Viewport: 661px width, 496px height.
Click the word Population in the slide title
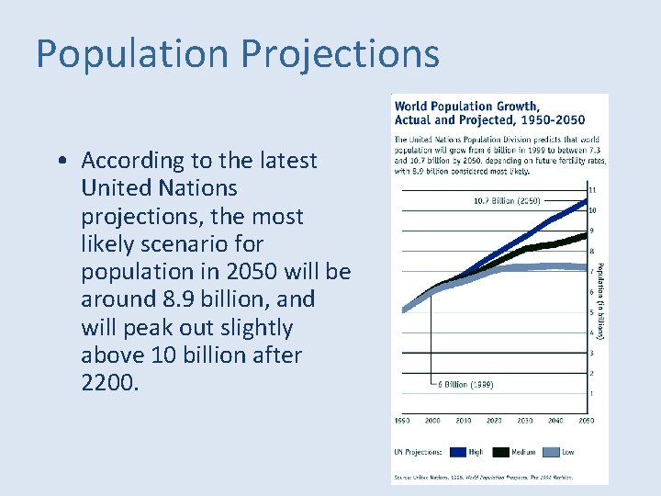pyautogui.click(x=131, y=54)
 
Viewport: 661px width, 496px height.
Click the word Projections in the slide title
pyautogui.click(x=341, y=54)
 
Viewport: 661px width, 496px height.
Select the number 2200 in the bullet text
pyautogui.click(x=110, y=383)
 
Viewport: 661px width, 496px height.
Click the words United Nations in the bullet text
pyautogui.click(x=159, y=188)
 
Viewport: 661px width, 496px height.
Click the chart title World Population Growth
pyautogui.click(x=466, y=106)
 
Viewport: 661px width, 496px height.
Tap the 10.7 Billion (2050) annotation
pyautogui.click(x=506, y=200)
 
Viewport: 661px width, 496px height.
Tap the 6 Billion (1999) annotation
pyautogui.click(x=464, y=385)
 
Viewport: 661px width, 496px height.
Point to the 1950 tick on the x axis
pyautogui.click(x=402, y=420)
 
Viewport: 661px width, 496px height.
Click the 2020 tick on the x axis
pyautogui.click(x=494, y=420)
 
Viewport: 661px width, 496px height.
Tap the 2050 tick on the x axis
pyautogui.click(x=586, y=420)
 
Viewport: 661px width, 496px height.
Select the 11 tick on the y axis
pyautogui.click(x=592, y=190)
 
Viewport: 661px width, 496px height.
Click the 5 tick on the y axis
pyautogui.click(x=592, y=313)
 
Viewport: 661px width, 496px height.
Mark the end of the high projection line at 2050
pyautogui.click(x=586, y=199)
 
